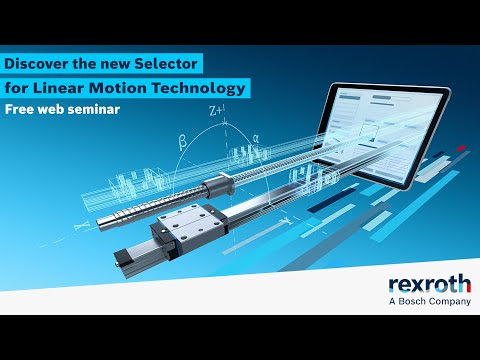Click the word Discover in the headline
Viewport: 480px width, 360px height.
point(36,64)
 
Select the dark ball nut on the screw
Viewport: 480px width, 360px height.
point(216,187)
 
